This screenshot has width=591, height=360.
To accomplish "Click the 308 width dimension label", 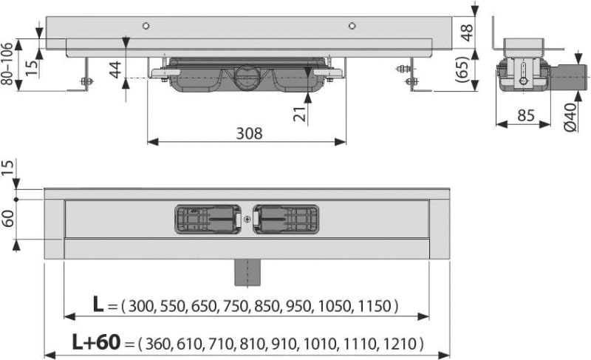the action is point(249,134).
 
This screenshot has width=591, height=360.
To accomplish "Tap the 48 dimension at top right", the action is point(467,33).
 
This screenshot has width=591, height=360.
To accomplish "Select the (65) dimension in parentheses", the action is point(463,69).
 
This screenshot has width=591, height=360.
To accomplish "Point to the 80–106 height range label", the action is point(7,63).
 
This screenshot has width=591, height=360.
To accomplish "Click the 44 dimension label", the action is point(115,69).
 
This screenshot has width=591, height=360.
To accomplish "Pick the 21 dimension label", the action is point(301,115).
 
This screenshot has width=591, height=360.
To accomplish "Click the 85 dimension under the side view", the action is point(526,115).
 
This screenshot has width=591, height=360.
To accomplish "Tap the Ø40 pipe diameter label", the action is point(570,117).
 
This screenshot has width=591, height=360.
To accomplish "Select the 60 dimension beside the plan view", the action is point(8,219).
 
